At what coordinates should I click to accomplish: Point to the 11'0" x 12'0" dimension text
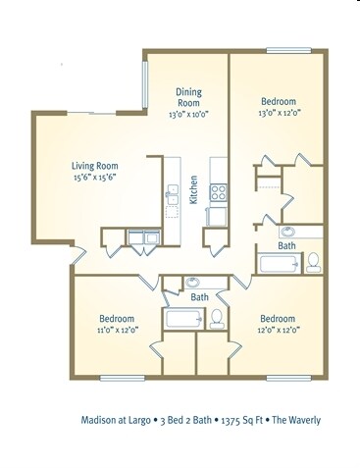pyautogui.click(x=115, y=330)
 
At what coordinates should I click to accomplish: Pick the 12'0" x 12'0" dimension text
pyautogui.click(x=278, y=330)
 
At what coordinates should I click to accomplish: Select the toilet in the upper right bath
pyautogui.click(x=313, y=261)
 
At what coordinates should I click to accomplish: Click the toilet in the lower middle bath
pyautogui.click(x=217, y=317)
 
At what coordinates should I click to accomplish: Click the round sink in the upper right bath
pyautogui.click(x=287, y=233)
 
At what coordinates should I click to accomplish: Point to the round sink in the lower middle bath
pyautogui.click(x=192, y=282)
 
